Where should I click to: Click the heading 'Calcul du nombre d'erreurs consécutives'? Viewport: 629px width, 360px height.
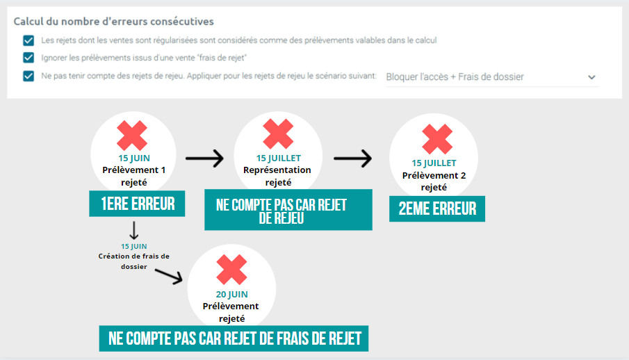[113, 22]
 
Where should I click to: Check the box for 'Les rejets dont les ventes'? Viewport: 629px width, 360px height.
[28, 40]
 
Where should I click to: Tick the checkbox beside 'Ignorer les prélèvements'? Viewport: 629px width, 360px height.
[28, 58]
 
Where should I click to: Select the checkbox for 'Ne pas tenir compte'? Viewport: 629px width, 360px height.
[28, 76]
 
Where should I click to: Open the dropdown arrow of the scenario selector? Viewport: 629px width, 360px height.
[591, 77]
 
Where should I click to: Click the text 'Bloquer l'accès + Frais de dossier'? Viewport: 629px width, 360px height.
[455, 76]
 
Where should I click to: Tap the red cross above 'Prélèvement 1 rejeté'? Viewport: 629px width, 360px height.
[132, 136]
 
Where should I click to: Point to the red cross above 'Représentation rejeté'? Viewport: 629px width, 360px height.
[278, 134]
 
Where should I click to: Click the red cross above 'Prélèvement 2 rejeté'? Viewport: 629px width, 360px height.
[437, 139]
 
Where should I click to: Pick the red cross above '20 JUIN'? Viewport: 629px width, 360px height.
[231, 270]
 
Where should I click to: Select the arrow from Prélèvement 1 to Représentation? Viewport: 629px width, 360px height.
[204, 158]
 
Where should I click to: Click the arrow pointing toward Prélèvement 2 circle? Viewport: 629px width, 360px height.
[352, 158]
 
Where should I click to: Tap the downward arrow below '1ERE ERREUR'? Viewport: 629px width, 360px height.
[134, 230]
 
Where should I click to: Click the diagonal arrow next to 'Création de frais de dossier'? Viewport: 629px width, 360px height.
[169, 276]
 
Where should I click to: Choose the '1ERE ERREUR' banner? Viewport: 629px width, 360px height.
[137, 204]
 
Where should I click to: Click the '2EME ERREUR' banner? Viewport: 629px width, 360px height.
[437, 208]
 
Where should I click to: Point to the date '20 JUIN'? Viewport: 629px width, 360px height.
[232, 294]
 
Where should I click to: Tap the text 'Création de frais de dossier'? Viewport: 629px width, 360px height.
[134, 261]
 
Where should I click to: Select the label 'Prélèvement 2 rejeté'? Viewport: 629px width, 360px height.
[434, 181]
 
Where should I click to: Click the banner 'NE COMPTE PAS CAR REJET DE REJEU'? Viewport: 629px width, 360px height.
[288, 210]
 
